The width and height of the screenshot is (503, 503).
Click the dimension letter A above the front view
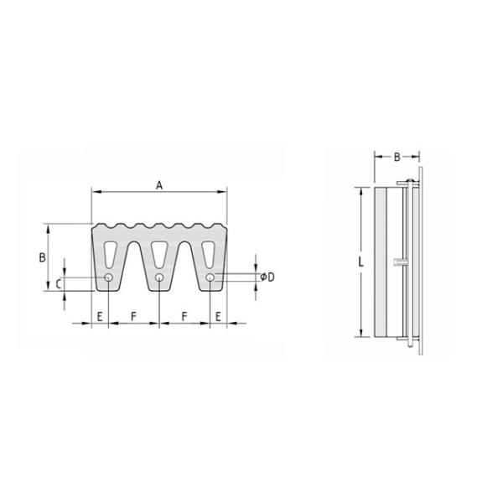[159, 185]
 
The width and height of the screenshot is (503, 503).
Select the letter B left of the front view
[41, 257]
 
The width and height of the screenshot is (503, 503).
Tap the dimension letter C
[58, 284]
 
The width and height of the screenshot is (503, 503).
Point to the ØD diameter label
[267, 277]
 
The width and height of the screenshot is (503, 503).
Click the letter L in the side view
[360, 262]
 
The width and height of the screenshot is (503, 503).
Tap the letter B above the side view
[397, 157]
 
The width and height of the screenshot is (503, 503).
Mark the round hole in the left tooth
[109, 277]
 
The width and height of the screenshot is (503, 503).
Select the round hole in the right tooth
[210, 277]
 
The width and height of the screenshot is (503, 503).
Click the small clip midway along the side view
[399, 263]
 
